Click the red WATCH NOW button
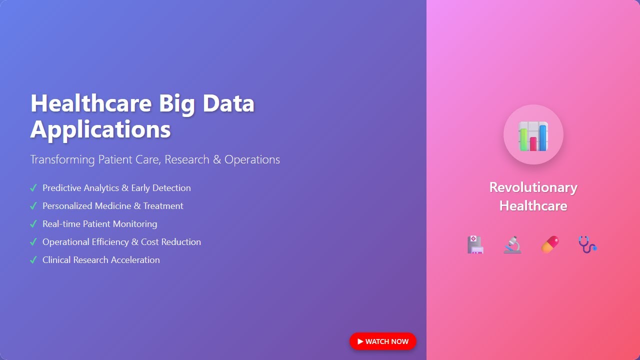click(x=383, y=341)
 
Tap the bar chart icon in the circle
click(x=533, y=135)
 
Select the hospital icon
click(x=475, y=245)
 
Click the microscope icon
click(x=512, y=245)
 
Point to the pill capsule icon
click(x=550, y=245)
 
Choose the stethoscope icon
click(x=587, y=244)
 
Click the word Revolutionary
click(x=533, y=187)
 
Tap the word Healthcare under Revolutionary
click(x=533, y=205)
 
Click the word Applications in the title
click(x=100, y=129)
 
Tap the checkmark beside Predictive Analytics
click(x=33, y=188)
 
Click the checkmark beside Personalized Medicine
click(x=33, y=206)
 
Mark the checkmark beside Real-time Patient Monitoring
click(x=33, y=224)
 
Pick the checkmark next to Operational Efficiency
click(x=33, y=242)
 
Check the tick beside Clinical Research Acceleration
click(x=33, y=260)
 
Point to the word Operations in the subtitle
click(x=252, y=159)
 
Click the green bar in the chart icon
click(x=523, y=139)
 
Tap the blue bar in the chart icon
click(x=543, y=137)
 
